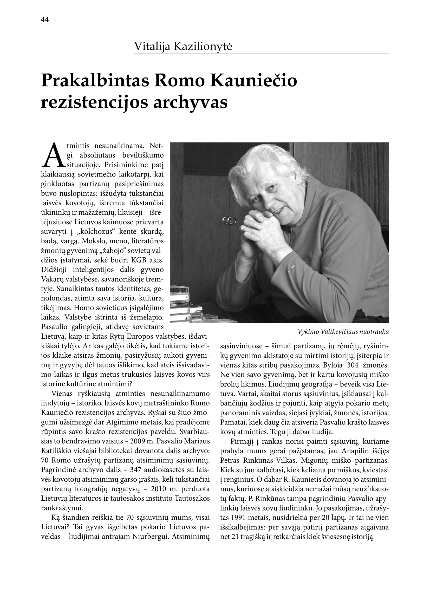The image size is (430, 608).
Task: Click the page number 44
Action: click(45, 20)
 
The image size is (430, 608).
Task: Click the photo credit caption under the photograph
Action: click(343, 331)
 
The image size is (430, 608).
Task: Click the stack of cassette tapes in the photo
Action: click(183, 305)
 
